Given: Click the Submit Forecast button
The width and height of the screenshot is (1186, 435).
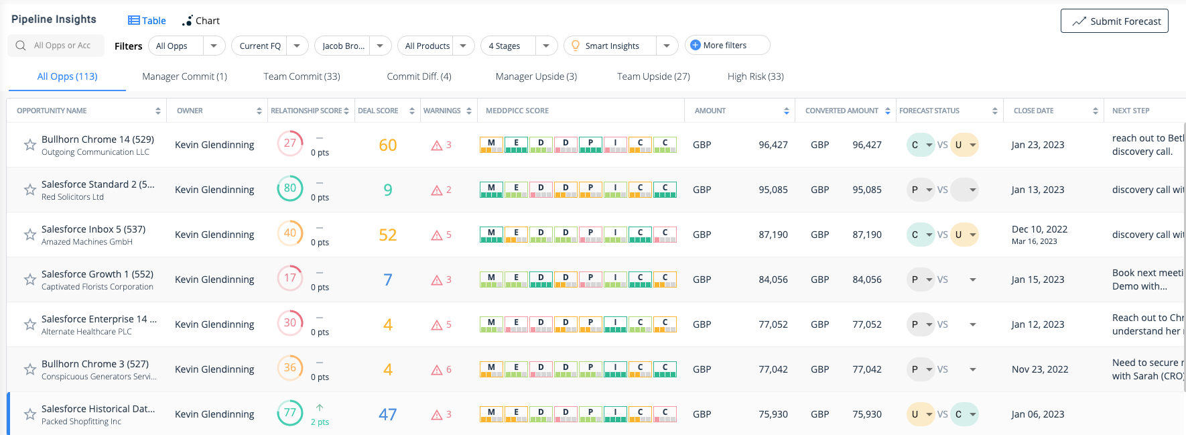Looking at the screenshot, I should pos(1114,21).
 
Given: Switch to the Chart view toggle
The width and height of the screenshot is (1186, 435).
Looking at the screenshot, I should pos(201,21).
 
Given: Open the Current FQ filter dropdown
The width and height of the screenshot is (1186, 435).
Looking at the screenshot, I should pos(269,46).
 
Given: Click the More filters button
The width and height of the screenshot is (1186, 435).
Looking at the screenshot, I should pos(726,45).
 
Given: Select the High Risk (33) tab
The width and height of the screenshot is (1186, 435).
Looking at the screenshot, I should pos(755,76).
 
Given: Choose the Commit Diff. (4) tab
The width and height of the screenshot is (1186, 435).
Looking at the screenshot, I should pos(419,76).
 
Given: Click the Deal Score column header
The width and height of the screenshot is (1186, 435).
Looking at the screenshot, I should pos(379,111).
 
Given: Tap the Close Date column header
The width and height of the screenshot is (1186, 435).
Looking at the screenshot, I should pos(1033,111).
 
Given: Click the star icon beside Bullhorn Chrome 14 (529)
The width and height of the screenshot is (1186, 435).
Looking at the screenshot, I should pos(30,145).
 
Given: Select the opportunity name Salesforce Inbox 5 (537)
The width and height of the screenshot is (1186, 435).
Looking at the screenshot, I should pos(93,229).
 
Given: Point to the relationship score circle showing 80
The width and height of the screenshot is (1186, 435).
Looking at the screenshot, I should pos(290,189).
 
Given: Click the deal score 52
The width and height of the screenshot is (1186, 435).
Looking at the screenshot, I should pos(388,235).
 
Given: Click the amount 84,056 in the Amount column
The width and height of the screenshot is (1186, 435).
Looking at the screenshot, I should pos(773,279).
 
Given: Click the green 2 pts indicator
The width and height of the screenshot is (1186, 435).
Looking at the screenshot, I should pos(320,422).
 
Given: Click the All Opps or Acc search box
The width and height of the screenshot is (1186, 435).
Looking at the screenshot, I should pos(62,46).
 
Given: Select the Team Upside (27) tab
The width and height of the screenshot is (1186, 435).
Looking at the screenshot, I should pos(653,76).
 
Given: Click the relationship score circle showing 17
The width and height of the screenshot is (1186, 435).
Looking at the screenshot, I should pos(290,279).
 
